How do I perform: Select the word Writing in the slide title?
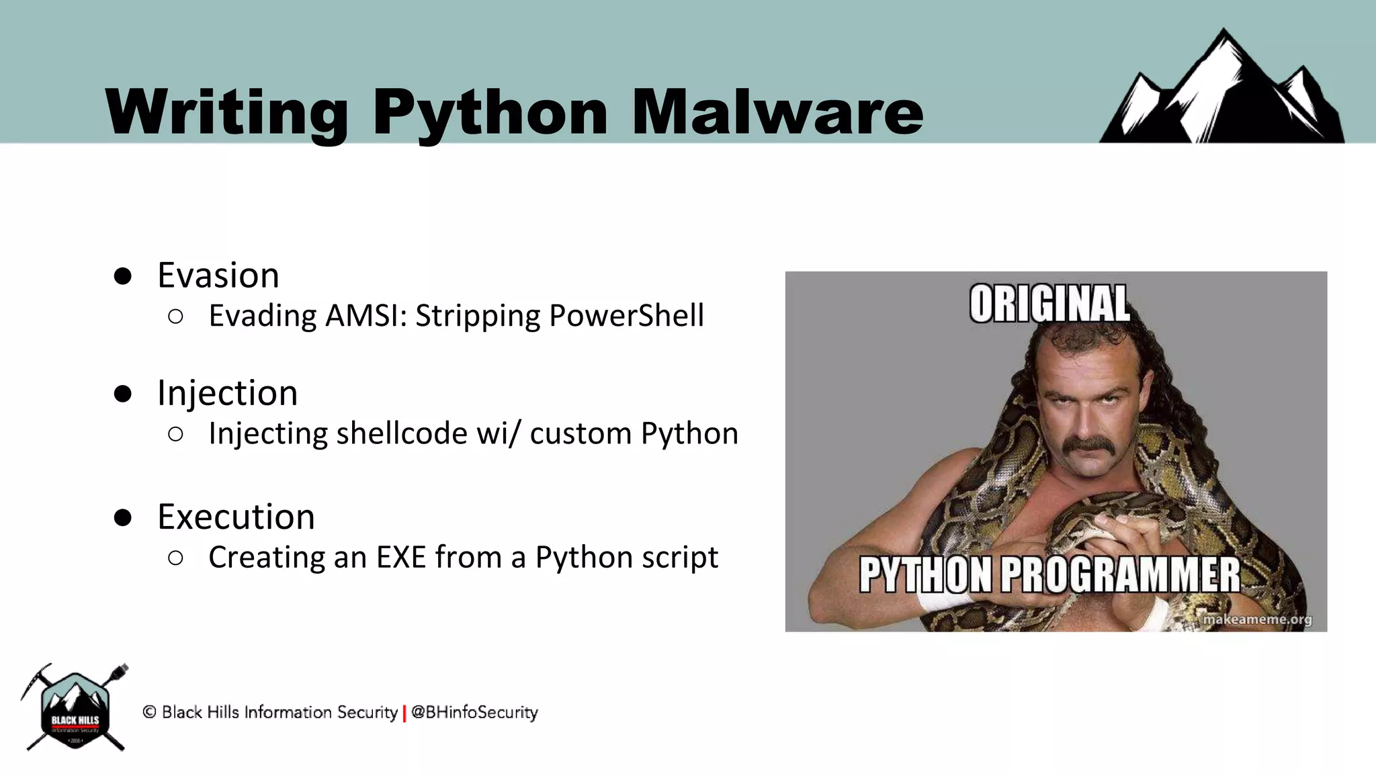[226, 112]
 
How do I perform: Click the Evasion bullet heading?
[218, 275]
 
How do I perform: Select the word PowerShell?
[626, 316]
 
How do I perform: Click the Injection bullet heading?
[227, 393]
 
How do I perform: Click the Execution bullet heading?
[236, 517]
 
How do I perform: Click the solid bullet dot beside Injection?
[122, 394]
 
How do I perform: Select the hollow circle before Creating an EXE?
[175, 558]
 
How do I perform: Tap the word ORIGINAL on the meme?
[1049, 304]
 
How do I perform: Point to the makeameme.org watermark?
[1256, 619]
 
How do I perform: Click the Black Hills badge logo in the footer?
[75, 709]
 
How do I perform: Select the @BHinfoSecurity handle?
[474, 712]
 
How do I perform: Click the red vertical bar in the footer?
[404, 713]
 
